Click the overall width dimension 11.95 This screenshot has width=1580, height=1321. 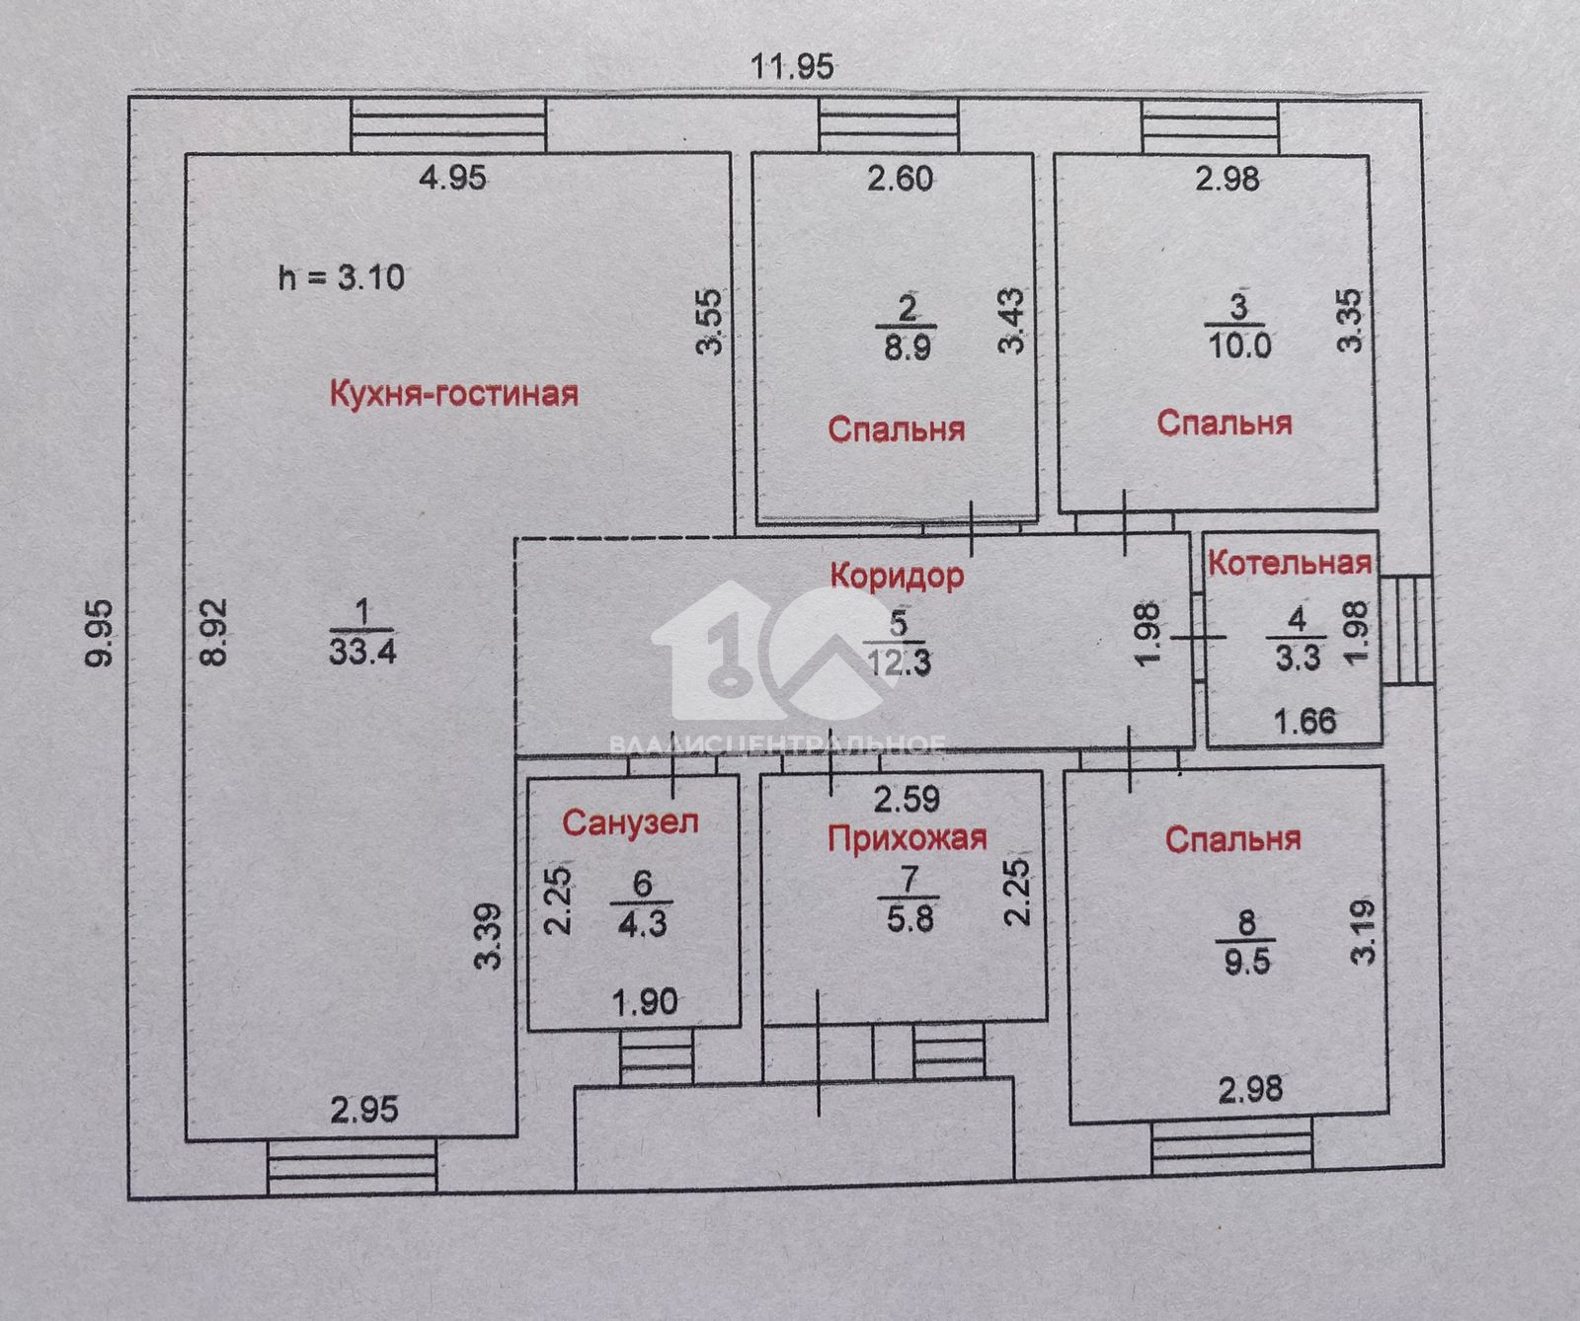792,66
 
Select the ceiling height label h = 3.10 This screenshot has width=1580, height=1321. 342,276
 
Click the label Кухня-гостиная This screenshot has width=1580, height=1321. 453,394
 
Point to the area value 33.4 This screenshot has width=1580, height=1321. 362,652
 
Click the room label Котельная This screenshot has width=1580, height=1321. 1290,563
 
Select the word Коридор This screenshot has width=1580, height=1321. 897,575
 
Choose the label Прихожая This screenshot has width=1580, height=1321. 908,838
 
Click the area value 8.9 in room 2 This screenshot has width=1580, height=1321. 907,348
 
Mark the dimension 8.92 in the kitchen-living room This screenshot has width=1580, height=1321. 216,632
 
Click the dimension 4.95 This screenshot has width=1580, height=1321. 452,178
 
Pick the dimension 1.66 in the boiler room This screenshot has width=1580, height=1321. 1305,721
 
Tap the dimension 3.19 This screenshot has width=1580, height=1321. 1364,930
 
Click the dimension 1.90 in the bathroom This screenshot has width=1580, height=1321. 645,1003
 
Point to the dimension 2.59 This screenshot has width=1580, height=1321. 907,798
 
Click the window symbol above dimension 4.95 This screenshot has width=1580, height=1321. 449,125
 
